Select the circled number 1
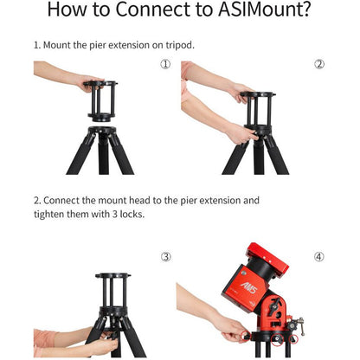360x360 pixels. pyautogui.click(x=165, y=64)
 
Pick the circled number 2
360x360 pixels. pyautogui.click(x=318, y=64)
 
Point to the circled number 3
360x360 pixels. pyautogui.click(x=165, y=257)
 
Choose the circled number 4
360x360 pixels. pyautogui.click(x=318, y=257)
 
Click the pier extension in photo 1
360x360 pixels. pyautogui.click(x=103, y=102)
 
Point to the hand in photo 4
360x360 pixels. pyautogui.click(x=229, y=327)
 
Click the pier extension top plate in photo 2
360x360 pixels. pyautogui.click(x=257, y=94)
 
